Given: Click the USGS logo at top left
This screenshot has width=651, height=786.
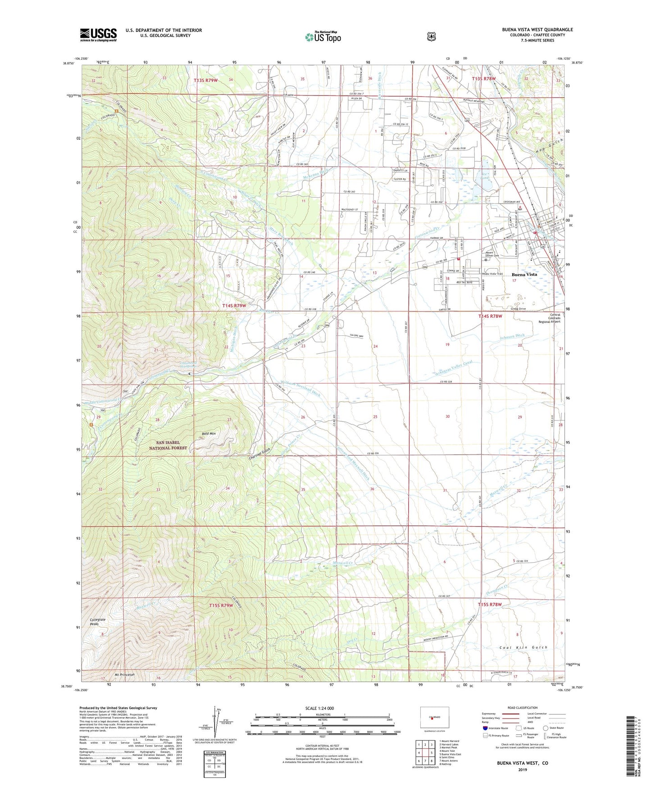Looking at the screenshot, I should point(98,35).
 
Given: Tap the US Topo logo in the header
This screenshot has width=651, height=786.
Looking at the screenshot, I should point(323,37).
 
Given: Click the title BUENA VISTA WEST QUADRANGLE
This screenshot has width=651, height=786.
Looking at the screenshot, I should point(537,30).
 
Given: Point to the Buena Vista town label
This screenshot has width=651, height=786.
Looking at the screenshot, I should point(524,275).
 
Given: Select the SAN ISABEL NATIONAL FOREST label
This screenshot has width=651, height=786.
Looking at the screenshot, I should point(168,445).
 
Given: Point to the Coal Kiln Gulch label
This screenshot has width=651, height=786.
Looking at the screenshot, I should point(523,647).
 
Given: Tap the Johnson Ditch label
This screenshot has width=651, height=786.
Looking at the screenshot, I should point(512,336).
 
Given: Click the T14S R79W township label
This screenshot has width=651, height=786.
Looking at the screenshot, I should point(234,306).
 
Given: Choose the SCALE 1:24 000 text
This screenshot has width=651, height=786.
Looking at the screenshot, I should point(319,708).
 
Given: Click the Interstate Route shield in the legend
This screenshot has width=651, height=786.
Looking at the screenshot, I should point(485,728).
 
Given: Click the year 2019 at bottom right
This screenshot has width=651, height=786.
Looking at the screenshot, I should point(522,769).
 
